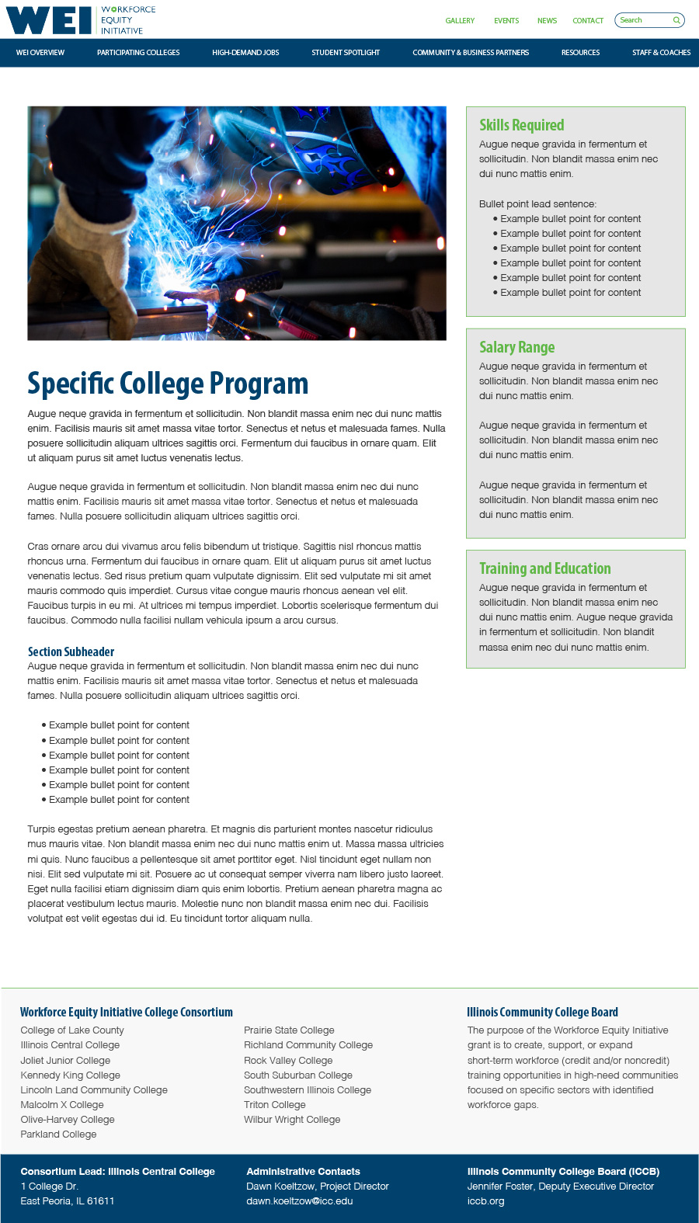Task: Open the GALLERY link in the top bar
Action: point(460,21)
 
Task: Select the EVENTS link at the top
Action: point(506,21)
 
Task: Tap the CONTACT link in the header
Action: point(588,21)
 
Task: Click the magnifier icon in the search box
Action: point(676,20)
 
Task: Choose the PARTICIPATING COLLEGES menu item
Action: point(138,53)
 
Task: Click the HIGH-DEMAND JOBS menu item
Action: point(245,53)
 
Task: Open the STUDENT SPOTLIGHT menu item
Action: point(346,53)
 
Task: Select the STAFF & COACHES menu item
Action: point(661,53)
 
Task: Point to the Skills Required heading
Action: point(521,125)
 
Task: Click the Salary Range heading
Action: point(516,347)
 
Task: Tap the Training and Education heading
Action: point(544,568)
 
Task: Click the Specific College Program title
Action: point(168,384)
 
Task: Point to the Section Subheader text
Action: point(71,651)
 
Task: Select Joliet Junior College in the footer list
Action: point(65,1061)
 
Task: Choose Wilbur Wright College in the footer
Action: point(292,1120)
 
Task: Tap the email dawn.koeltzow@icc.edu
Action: point(299,1201)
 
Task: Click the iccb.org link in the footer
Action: point(485,1201)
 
